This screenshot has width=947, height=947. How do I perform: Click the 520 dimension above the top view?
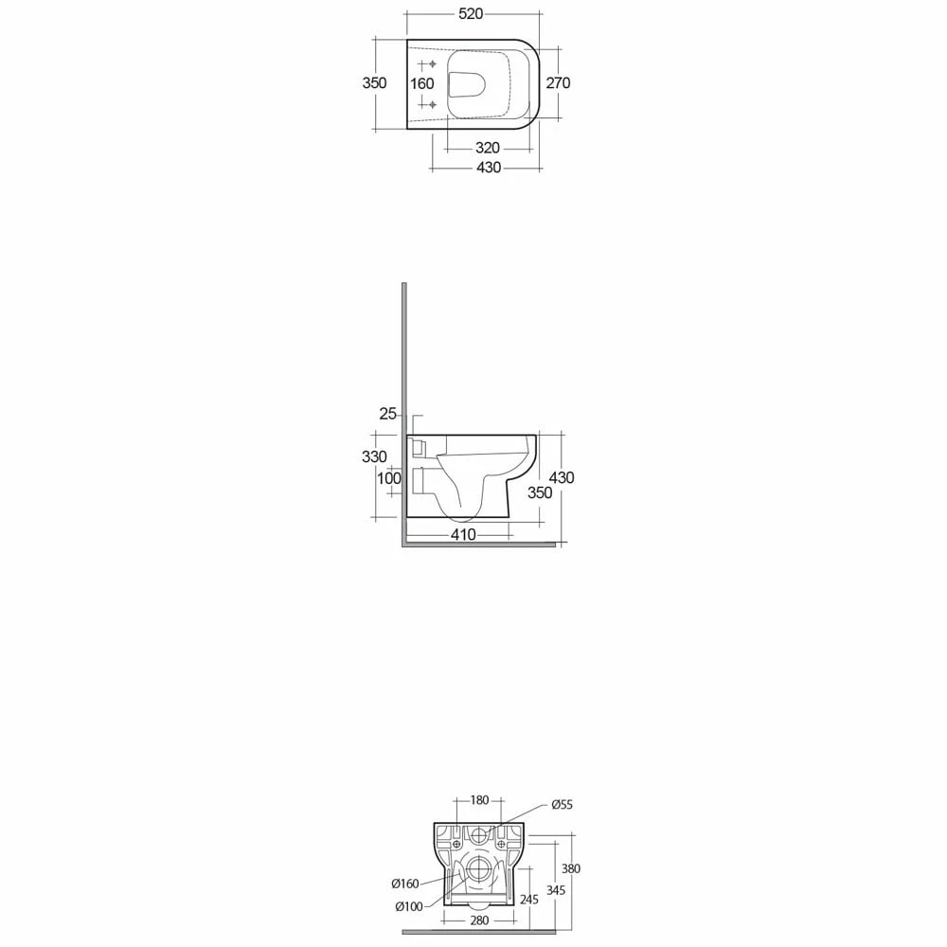[x=471, y=13]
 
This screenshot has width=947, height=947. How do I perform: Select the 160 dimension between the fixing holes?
[x=422, y=83]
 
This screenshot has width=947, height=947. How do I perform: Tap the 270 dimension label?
[x=558, y=82]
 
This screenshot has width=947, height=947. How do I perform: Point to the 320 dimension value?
[x=488, y=148]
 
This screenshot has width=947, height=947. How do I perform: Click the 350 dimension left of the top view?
[x=374, y=82]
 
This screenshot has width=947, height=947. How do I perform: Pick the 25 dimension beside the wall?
[x=387, y=414]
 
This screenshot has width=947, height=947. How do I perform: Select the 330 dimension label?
[x=374, y=456]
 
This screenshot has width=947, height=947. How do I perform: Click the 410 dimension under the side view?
[x=463, y=534]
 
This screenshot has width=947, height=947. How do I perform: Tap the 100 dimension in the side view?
[x=389, y=478]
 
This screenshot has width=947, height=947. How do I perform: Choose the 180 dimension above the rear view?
[x=479, y=800]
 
